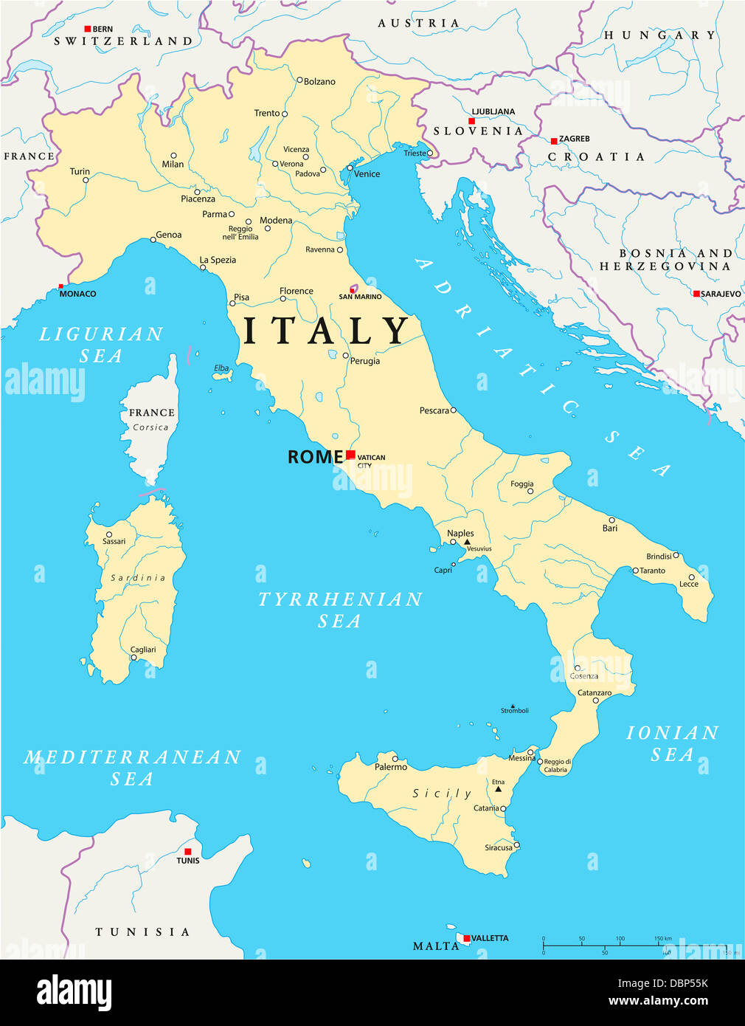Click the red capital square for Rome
(x=350, y=455)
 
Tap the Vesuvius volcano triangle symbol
(x=467, y=542)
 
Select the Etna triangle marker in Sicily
(x=499, y=789)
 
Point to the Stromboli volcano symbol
(x=513, y=705)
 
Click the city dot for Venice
(x=350, y=168)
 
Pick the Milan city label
(x=173, y=165)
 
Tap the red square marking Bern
(x=87, y=29)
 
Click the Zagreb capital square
(x=553, y=140)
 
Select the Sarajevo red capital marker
(x=696, y=294)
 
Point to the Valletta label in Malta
(x=490, y=938)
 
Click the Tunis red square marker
(x=187, y=851)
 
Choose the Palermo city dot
(x=395, y=758)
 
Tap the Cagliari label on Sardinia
(x=143, y=650)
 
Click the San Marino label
(x=360, y=297)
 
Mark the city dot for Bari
(x=611, y=520)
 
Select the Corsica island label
(x=150, y=427)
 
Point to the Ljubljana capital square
(x=471, y=121)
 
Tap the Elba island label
(x=221, y=368)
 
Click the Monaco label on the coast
(x=77, y=294)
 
